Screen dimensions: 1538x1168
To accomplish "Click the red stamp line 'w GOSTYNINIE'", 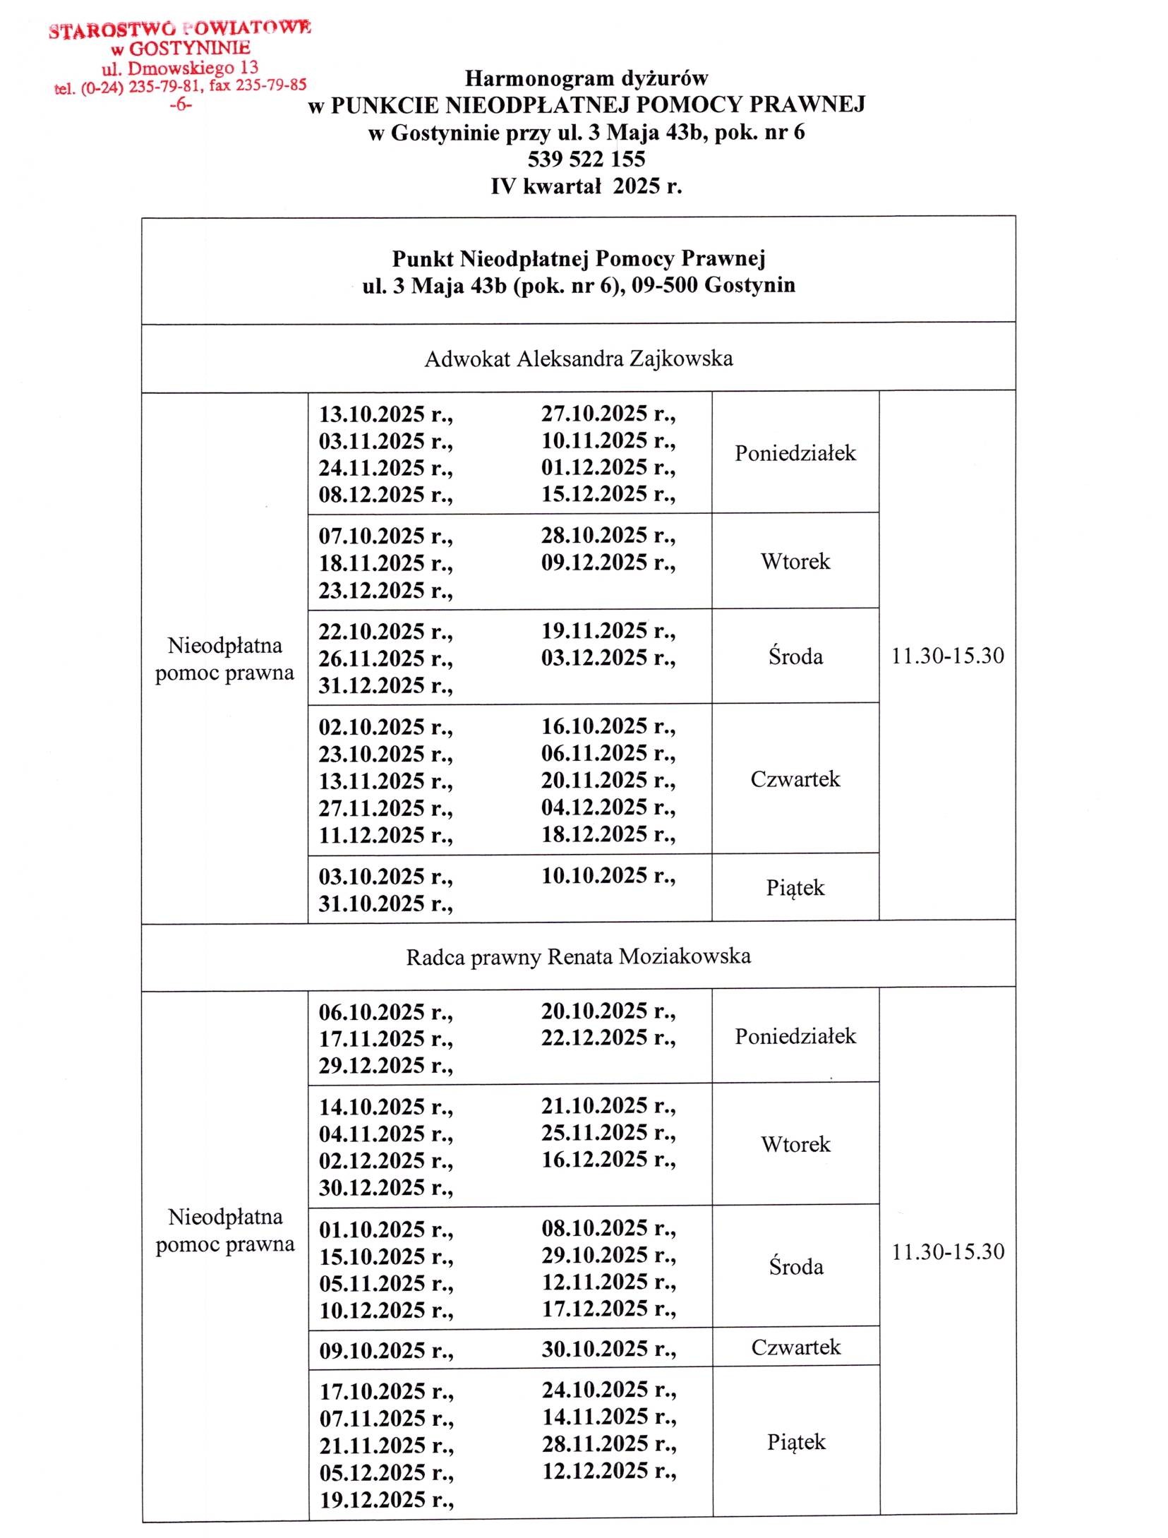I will [x=180, y=48].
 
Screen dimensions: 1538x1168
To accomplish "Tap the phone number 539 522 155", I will [x=586, y=159].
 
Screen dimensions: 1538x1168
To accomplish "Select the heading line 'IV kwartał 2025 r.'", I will [x=586, y=186].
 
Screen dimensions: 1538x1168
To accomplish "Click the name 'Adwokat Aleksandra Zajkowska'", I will [x=578, y=359].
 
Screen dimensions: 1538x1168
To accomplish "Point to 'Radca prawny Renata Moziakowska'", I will [x=578, y=957].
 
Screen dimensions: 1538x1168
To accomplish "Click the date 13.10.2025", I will [x=385, y=414].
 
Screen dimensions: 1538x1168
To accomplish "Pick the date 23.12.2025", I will [x=385, y=590].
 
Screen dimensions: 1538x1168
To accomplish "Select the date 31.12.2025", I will [x=385, y=685].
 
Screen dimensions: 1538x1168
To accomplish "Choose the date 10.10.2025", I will [x=608, y=876].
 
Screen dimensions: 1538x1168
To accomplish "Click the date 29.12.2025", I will [x=385, y=1066].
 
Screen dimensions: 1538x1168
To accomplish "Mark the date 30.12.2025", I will [x=385, y=1188].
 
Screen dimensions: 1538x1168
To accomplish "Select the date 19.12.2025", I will [x=386, y=1500].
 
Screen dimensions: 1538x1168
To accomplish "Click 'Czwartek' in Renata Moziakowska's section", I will [x=795, y=1347].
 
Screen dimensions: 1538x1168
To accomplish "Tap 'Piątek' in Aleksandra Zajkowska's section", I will [x=795, y=888].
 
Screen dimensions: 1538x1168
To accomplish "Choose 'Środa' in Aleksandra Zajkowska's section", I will [x=795, y=656].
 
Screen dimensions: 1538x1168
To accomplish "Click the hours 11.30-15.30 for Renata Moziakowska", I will [x=948, y=1252].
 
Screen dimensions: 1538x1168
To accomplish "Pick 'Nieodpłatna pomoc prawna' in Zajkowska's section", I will [x=224, y=659].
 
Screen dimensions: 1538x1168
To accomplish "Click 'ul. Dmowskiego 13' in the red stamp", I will [x=180, y=68].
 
